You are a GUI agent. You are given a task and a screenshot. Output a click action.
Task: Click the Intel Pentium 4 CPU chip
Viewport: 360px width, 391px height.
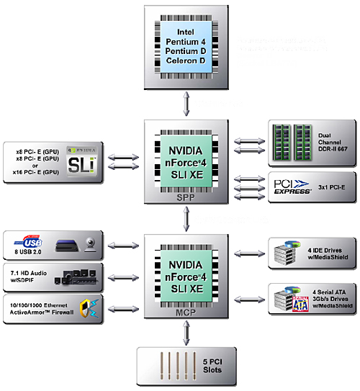tap(186, 49)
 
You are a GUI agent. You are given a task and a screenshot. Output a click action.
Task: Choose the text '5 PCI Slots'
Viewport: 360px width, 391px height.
tap(211, 365)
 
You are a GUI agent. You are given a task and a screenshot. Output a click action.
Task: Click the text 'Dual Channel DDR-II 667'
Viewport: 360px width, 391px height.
tap(332, 138)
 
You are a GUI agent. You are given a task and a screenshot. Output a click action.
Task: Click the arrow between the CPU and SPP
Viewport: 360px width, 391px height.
tap(186, 104)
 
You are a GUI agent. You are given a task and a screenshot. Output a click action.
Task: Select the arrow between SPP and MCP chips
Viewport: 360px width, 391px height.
tap(186, 214)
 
